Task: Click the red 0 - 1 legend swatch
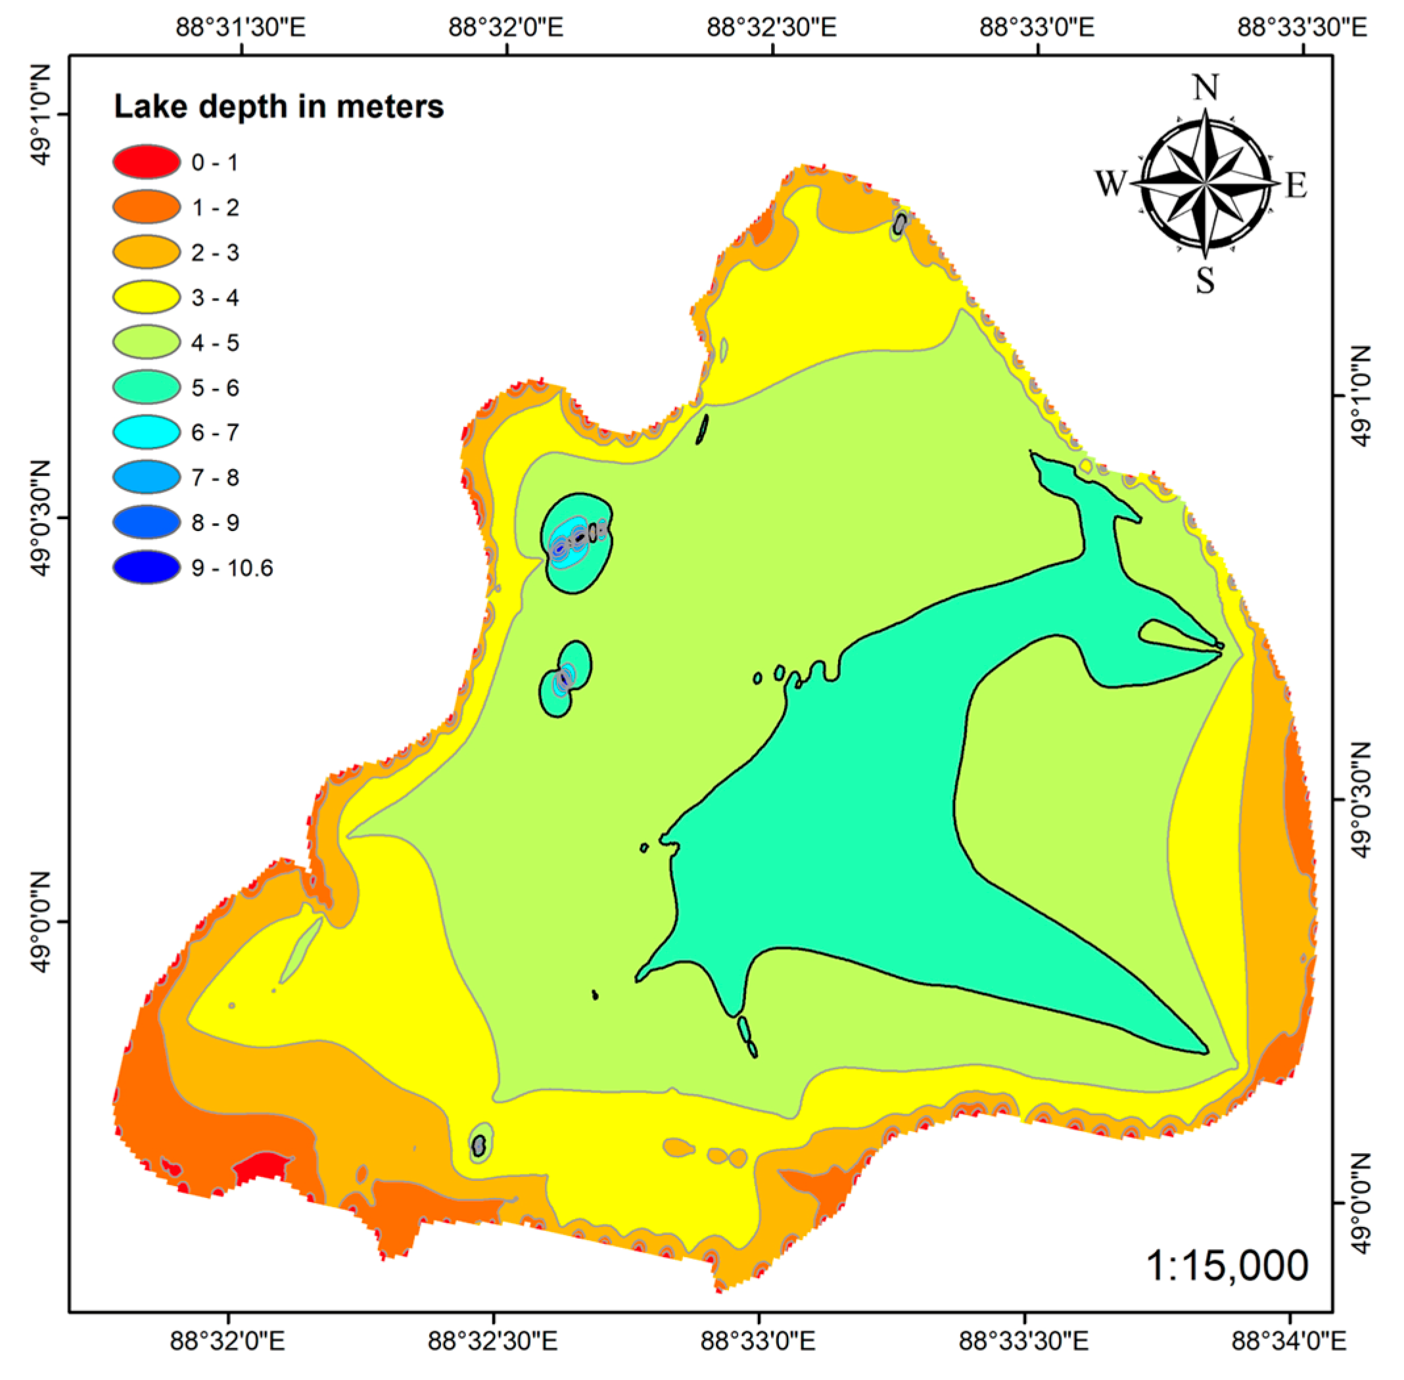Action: [x=147, y=162]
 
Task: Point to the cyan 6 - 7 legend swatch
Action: [x=147, y=432]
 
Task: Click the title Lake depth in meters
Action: [x=278, y=106]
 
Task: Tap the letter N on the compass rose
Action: [x=1205, y=87]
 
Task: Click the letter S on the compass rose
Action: [x=1205, y=279]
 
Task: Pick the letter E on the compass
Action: [x=1296, y=185]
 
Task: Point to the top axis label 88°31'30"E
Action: [x=241, y=28]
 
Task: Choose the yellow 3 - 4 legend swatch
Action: [x=147, y=297]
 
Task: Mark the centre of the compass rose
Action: [x=1205, y=183]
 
